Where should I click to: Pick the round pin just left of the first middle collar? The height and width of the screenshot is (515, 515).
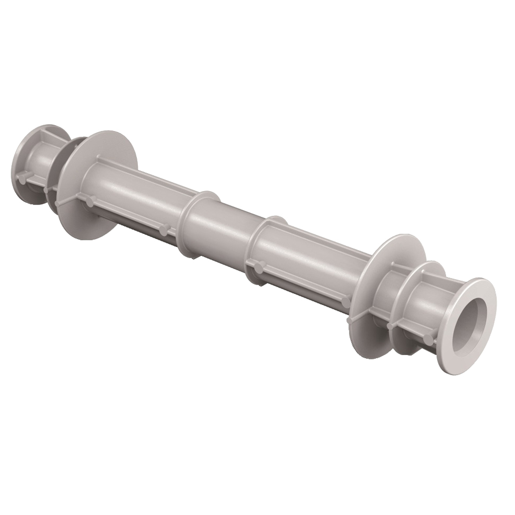[x=164, y=229]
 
